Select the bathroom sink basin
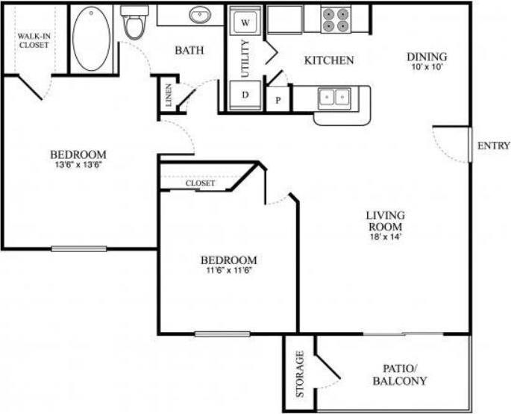point(200,15)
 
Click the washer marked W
point(245,22)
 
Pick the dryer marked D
point(245,95)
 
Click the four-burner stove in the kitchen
point(336,19)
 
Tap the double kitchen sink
point(333,97)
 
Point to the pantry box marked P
point(279,100)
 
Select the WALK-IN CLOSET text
point(34,40)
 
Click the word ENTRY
point(494,145)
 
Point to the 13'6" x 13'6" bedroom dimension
point(78,166)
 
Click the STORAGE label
point(299,373)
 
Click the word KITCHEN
point(328,60)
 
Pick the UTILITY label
point(245,58)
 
